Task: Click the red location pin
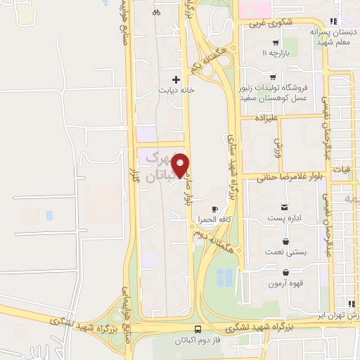[181, 166]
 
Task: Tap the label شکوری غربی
[265, 22]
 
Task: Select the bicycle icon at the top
[156, 11]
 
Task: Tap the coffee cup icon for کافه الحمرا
[214, 209]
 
